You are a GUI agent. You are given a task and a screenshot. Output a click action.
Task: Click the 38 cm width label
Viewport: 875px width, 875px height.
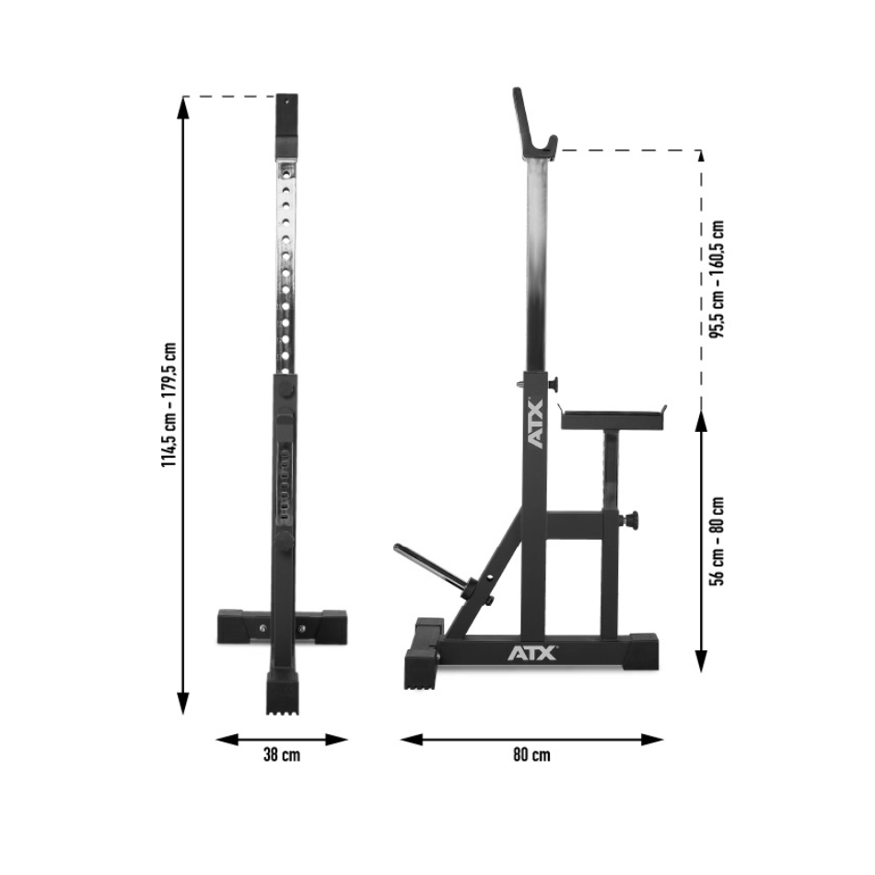281,755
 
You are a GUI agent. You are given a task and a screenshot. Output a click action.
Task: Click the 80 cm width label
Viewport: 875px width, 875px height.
531,755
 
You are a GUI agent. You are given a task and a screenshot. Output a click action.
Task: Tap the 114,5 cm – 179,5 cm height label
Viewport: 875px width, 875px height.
169,404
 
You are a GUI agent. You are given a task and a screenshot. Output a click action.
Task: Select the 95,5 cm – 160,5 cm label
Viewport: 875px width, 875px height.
717,279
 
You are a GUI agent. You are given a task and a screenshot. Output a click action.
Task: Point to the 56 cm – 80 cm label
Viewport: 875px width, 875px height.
717,542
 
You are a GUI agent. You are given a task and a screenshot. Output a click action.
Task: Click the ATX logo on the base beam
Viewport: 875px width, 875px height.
532,652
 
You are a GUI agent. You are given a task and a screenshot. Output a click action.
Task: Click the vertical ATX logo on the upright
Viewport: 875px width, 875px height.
534,422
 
